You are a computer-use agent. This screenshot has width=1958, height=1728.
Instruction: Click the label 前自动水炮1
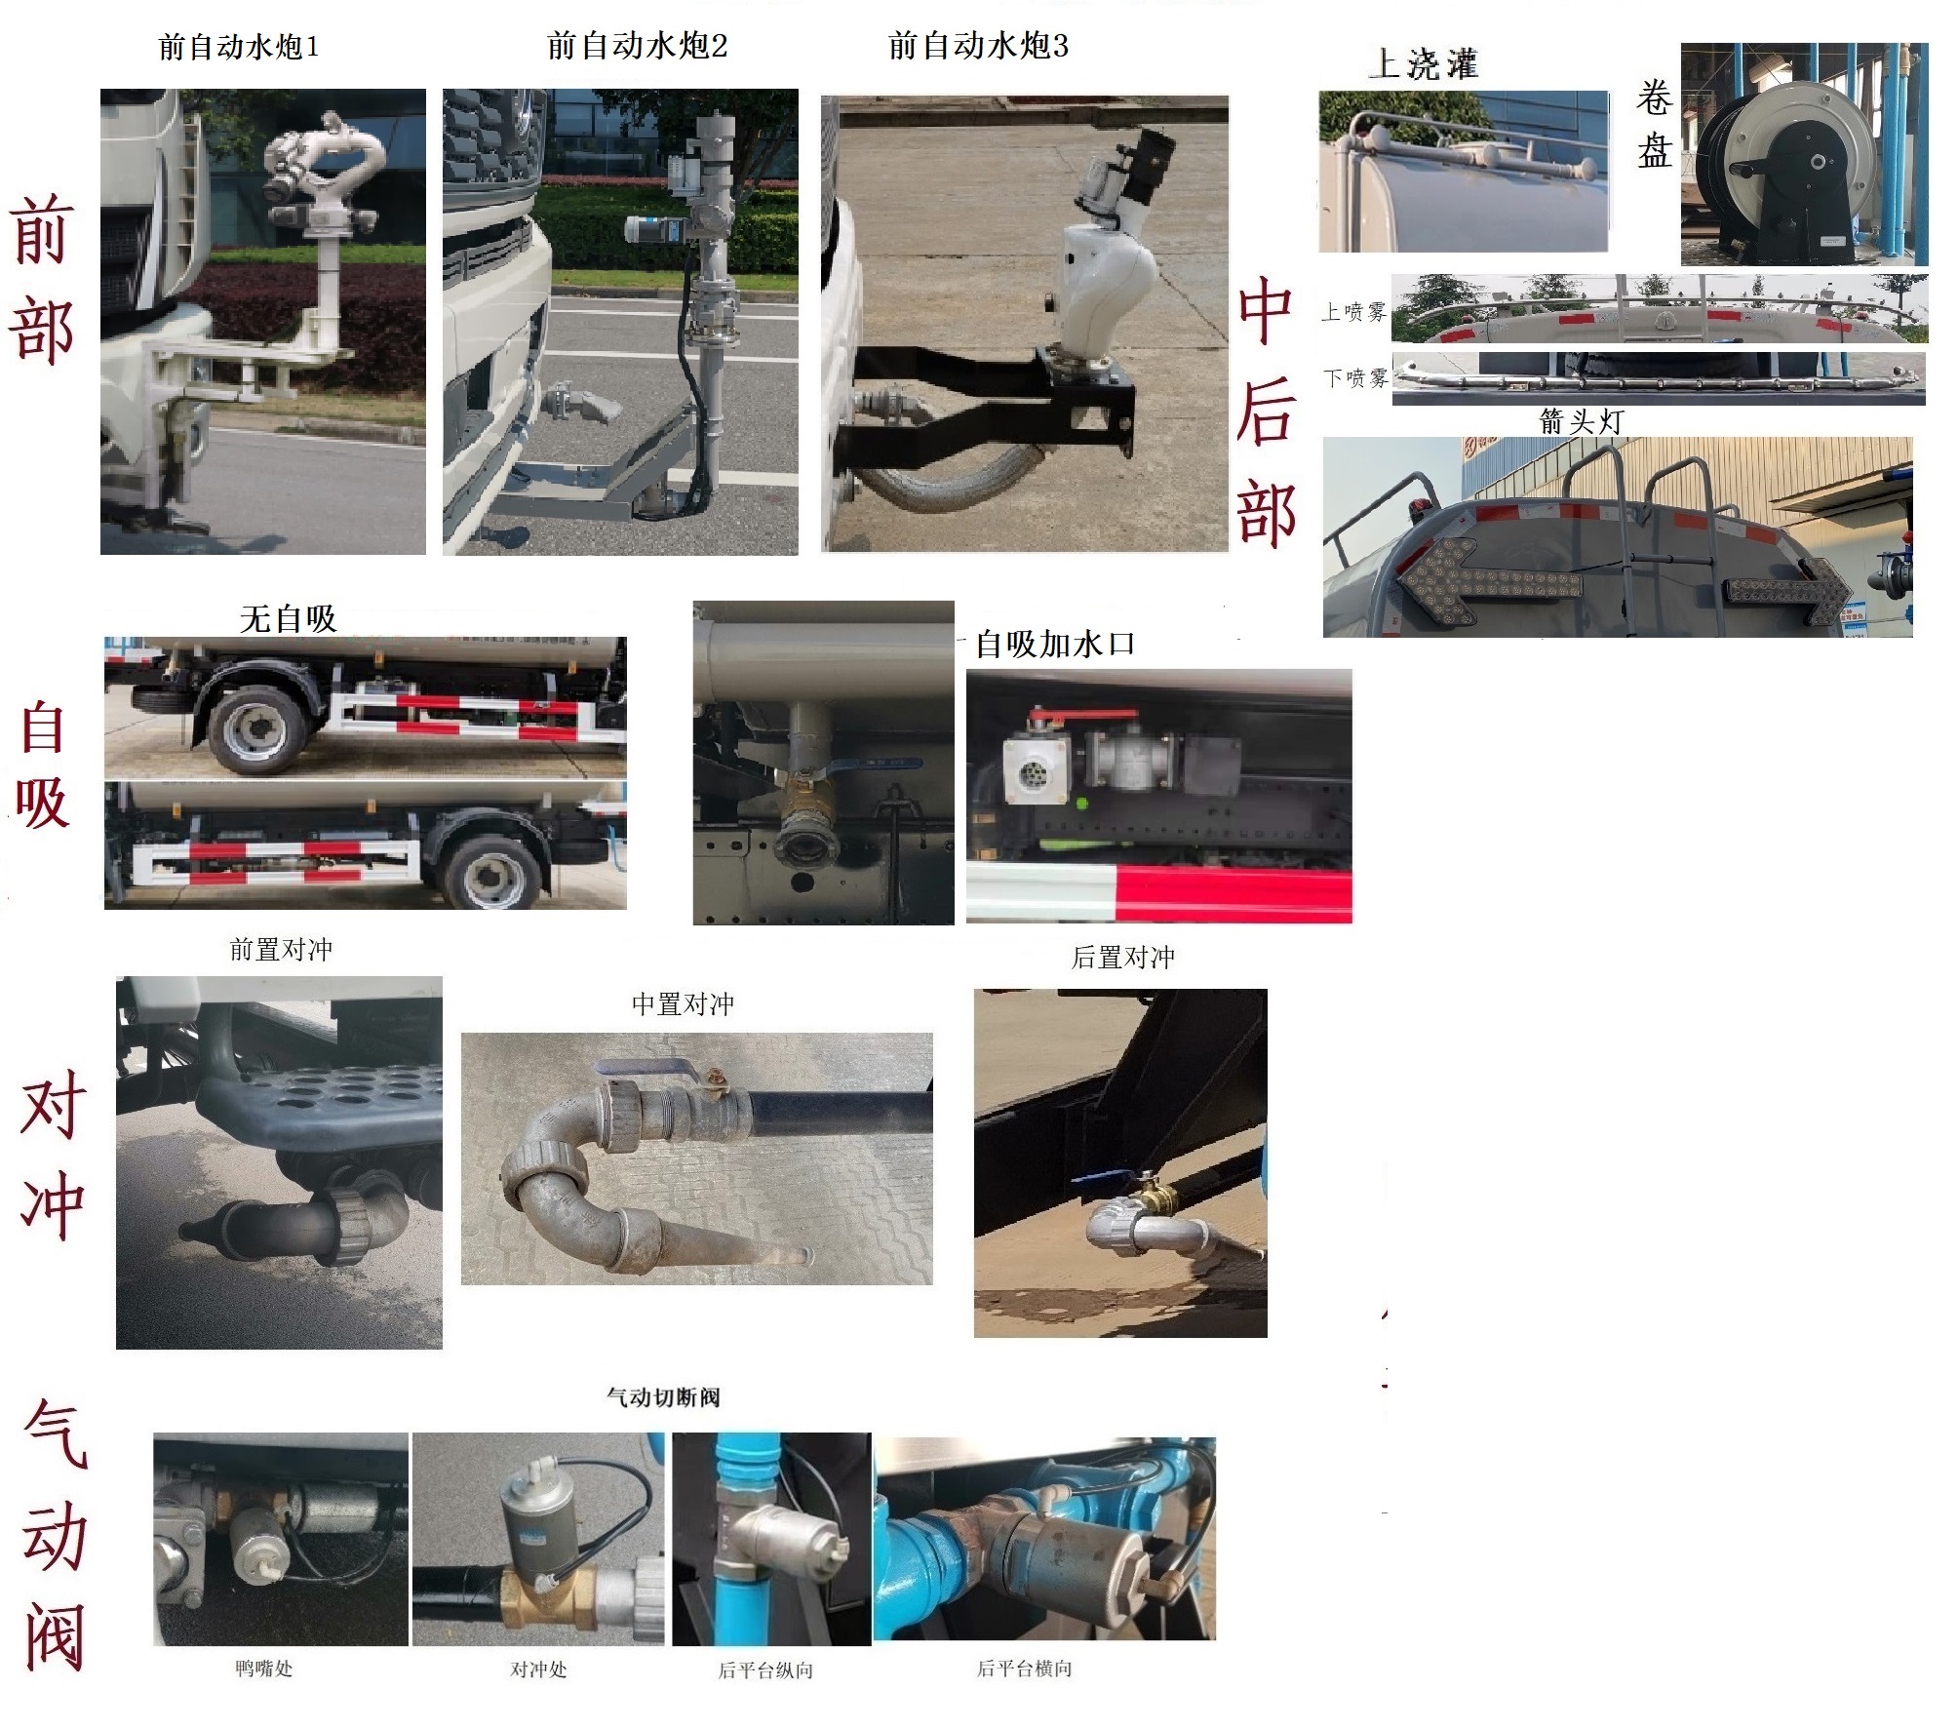tap(238, 48)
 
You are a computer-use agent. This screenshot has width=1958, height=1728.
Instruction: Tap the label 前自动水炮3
tap(977, 46)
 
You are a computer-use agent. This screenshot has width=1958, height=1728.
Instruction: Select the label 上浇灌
tap(1423, 64)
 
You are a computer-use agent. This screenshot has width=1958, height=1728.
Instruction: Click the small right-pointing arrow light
tap(1788, 590)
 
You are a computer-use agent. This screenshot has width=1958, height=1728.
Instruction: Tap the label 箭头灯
tap(1581, 421)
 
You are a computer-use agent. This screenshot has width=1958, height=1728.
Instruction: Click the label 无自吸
tap(288, 618)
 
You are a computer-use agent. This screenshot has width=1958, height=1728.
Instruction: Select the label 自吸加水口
tap(1055, 644)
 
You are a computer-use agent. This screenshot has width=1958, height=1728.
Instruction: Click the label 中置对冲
tap(683, 1004)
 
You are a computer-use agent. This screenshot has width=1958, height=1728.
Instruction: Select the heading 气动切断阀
tap(663, 1397)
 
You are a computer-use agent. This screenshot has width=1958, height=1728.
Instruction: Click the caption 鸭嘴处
tap(263, 1669)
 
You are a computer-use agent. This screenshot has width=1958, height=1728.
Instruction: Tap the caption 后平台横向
tap(1024, 1669)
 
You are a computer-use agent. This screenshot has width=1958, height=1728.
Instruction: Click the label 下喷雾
tap(1354, 377)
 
